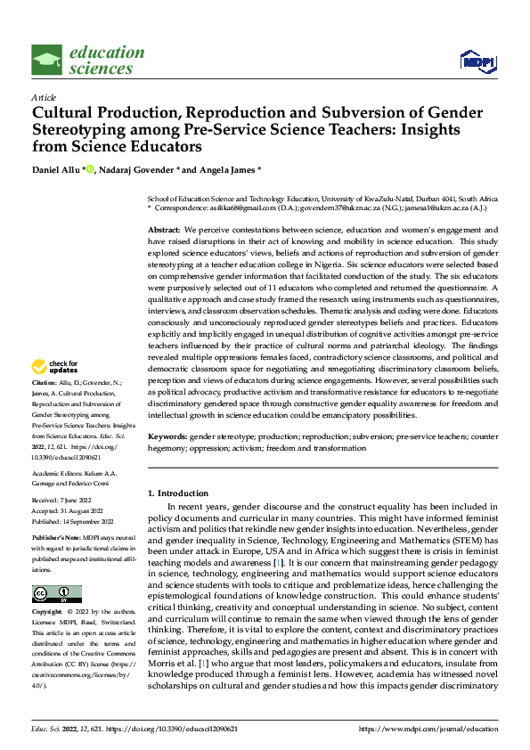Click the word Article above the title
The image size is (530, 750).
coord(44,97)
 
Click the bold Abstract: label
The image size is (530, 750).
coord(166,230)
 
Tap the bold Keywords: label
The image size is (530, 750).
coord(167,436)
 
